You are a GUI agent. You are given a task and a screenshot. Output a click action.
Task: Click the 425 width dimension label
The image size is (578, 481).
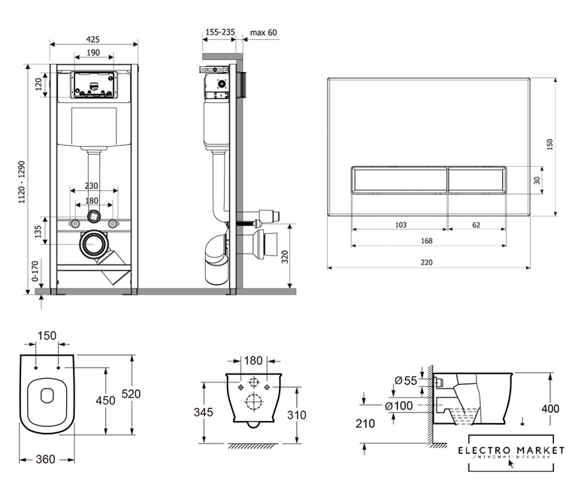[x=94, y=40]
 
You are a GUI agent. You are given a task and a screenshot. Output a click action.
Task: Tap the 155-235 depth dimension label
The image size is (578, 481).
[x=219, y=32]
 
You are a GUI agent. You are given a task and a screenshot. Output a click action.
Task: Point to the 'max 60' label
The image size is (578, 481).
[x=263, y=32]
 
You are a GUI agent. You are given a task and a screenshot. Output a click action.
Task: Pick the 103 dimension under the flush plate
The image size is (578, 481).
[x=400, y=224]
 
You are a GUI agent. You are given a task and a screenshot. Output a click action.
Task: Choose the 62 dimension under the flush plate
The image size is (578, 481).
[x=477, y=224]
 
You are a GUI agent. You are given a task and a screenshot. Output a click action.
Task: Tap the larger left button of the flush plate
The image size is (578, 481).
[x=398, y=180]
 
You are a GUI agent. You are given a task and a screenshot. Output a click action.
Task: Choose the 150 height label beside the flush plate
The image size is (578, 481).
[x=550, y=143]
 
